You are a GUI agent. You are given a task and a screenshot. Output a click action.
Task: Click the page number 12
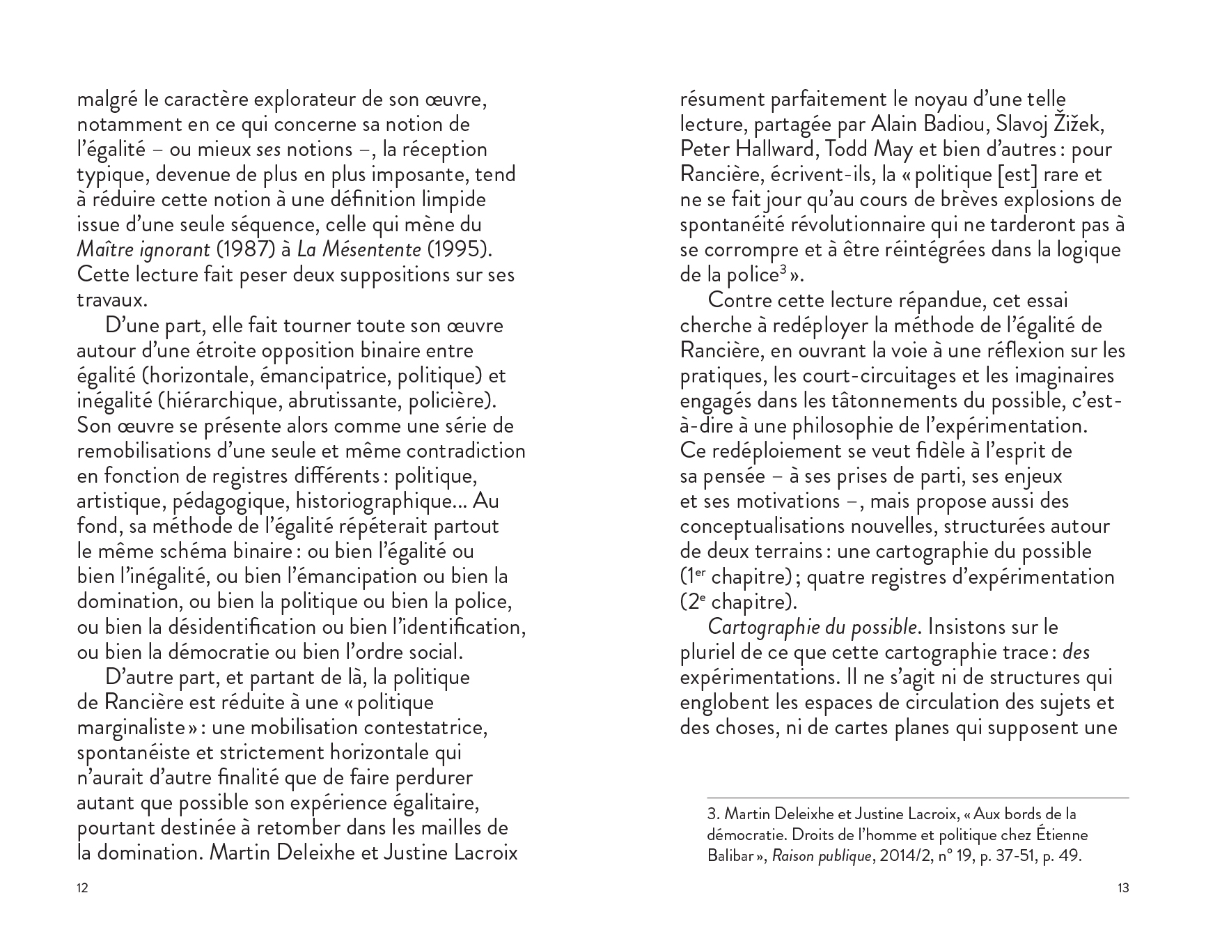point(82,888)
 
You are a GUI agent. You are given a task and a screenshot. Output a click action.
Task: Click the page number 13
point(1122,888)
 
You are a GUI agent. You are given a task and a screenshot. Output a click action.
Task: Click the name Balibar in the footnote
point(728,856)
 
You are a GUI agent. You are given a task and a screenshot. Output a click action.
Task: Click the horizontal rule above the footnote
point(918,798)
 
